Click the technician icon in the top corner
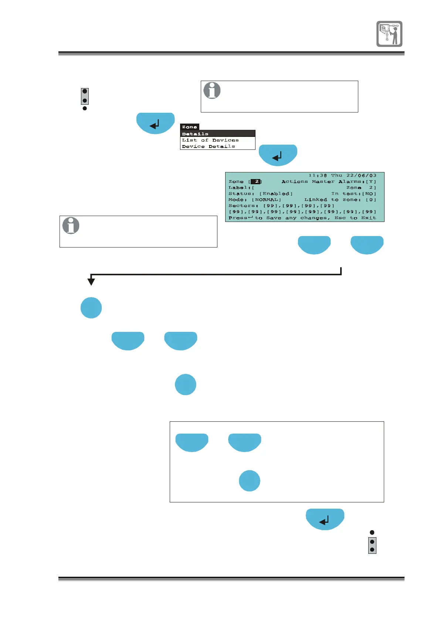click(389, 34)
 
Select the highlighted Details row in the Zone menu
click(217, 134)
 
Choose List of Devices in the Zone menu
click(210, 140)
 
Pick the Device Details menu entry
click(208, 147)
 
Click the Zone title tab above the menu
click(189, 127)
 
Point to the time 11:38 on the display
click(318, 175)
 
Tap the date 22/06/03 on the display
click(361, 175)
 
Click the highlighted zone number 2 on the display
click(256, 182)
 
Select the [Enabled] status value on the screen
click(276, 193)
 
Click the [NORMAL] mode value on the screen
click(266, 200)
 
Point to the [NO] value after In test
click(369, 193)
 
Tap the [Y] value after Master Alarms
click(371, 182)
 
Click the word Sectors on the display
click(242, 206)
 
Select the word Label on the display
click(238, 188)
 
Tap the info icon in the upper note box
click(212, 90)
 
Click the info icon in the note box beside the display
click(71, 225)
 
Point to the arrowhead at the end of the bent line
click(91, 282)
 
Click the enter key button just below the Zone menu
click(278, 155)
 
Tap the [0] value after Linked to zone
click(371, 200)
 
